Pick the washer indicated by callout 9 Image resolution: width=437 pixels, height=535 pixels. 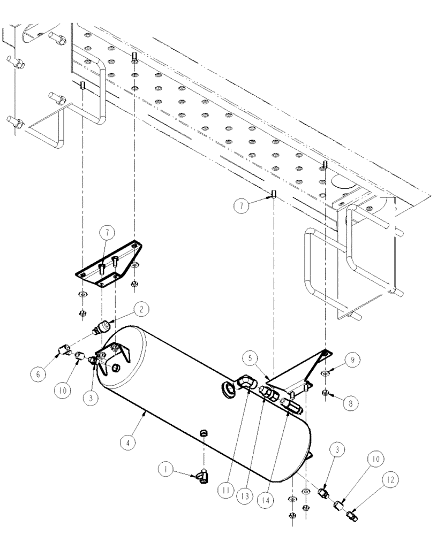coord(325,373)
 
